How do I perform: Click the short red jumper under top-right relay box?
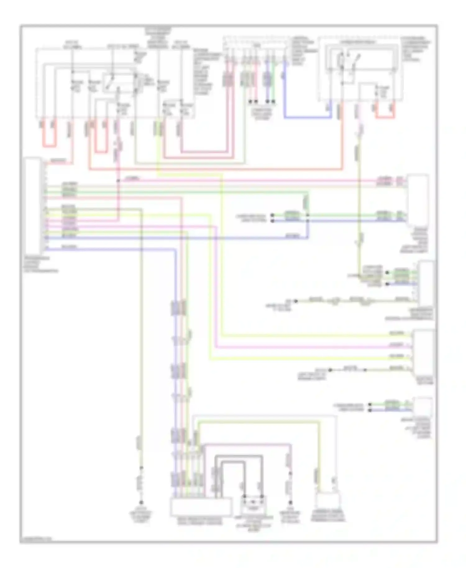pyautogui.click(x=385, y=117)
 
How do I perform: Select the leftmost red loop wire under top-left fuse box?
pyautogui.click(x=49, y=145)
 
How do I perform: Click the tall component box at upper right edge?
pyautogui.click(x=418, y=200)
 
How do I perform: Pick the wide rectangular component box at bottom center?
pyautogui.click(x=201, y=506)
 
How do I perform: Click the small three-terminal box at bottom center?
pyautogui.click(x=254, y=505)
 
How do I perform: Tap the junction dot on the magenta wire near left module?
pyautogui.click(x=118, y=181)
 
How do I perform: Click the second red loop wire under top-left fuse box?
pyautogui.click(x=101, y=152)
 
